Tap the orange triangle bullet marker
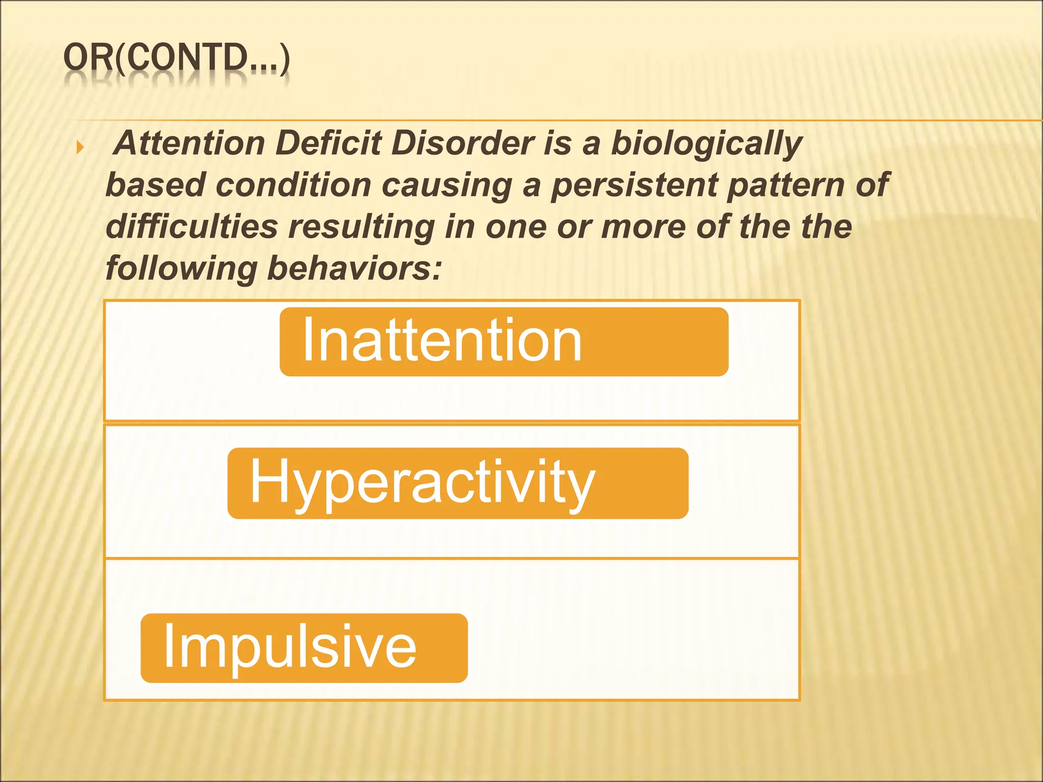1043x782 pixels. tap(80, 148)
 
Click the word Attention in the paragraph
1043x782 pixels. tap(190, 143)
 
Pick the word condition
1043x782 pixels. tap(293, 185)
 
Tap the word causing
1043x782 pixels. tap(447, 186)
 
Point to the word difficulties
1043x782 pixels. tap(191, 227)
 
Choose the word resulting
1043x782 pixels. tap(362, 228)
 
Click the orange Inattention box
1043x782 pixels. tap(504, 342)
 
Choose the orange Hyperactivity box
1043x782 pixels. tap(457, 483)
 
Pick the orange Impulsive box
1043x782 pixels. tap(304, 648)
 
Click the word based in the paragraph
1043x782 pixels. tap(155, 185)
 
